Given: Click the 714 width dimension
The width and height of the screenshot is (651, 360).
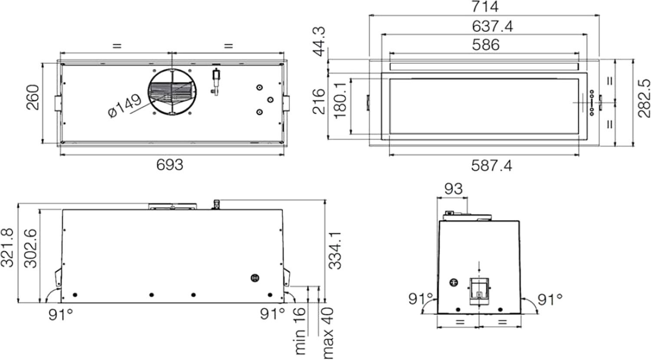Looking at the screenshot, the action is point(484,7).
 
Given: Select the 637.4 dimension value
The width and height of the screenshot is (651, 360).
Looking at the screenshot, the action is point(492,26).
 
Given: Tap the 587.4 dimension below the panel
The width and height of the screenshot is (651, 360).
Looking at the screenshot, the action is point(491,166).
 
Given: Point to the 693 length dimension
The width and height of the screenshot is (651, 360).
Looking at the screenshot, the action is point(170,165).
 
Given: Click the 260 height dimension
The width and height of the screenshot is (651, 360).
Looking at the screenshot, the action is point(33,97).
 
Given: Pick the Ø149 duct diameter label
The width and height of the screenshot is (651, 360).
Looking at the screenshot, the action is point(125,105).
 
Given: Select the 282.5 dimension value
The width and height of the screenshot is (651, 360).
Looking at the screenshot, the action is point(644,98).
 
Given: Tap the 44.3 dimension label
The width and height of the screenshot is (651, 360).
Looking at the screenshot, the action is point(320,41).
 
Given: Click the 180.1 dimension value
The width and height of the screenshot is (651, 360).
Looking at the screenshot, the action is point(340,100).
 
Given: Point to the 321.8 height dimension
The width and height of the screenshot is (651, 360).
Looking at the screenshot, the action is point(7,248).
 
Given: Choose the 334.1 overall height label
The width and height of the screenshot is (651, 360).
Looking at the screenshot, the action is point(336,250).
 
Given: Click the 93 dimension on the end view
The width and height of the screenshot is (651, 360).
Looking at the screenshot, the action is point(454,189).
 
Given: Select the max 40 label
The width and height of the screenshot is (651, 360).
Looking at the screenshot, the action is point(328,333).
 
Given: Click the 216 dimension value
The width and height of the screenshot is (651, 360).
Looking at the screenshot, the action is point(319,101).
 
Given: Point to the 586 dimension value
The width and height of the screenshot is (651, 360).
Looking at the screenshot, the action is point(486,44).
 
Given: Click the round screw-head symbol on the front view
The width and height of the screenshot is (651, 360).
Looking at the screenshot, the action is point(255,278).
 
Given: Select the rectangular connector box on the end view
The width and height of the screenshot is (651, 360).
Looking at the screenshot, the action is point(479,291).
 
